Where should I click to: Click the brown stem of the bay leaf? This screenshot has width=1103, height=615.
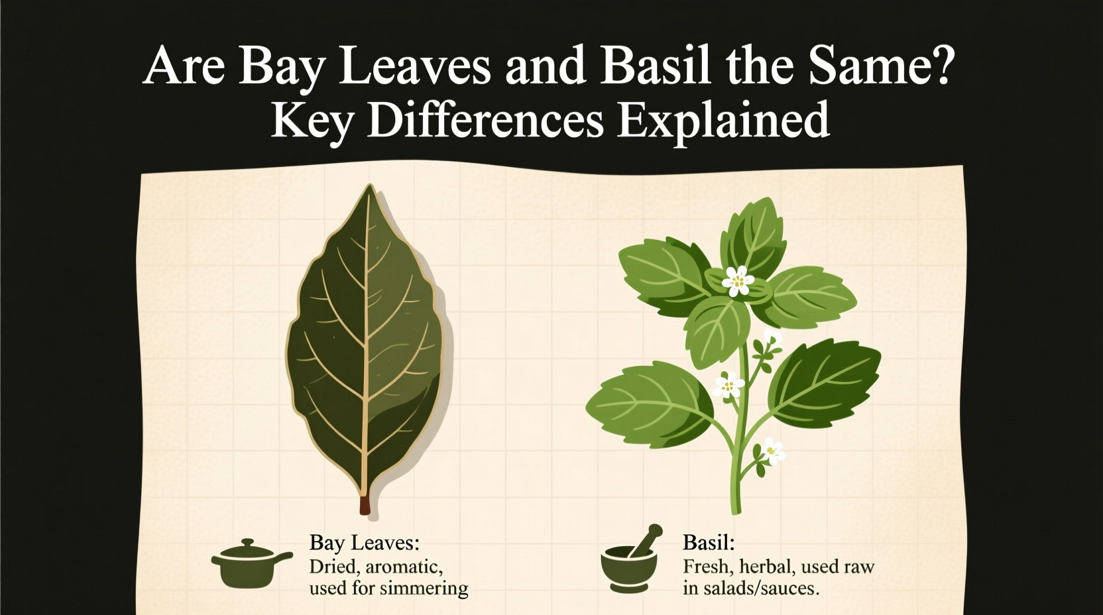click(364, 504)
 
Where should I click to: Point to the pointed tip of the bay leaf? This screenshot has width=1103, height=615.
click(370, 190)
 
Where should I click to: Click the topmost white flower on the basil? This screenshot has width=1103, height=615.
click(737, 280)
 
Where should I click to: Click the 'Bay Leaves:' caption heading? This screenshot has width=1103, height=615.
click(364, 543)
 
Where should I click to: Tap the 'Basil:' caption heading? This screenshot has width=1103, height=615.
click(708, 543)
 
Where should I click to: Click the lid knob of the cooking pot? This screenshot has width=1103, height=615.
click(248, 543)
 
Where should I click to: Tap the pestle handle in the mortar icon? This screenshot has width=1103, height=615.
click(646, 538)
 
